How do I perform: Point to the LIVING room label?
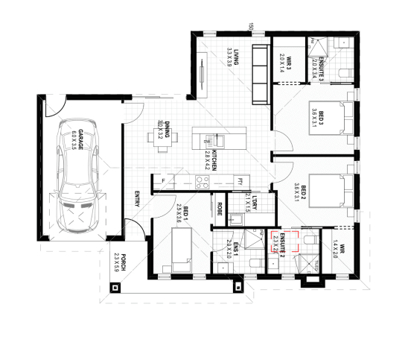click(x=234, y=57)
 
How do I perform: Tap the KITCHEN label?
click(x=214, y=160)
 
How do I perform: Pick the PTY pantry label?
click(x=239, y=180)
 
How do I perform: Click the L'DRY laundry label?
click(x=253, y=202)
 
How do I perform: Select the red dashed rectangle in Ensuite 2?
click(x=285, y=242)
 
